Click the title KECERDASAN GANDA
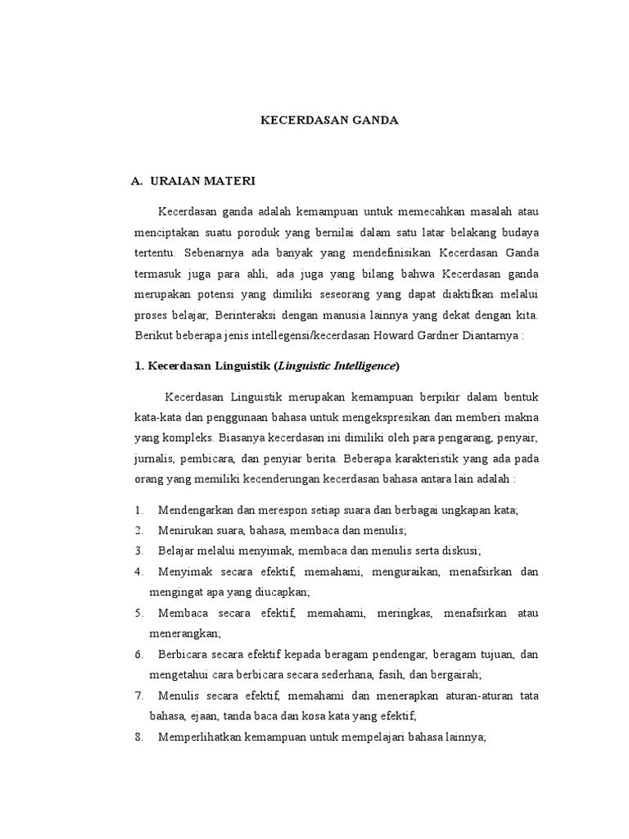[x=328, y=120]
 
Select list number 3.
[x=138, y=550]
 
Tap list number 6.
[x=138, y=655]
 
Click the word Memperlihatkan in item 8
[x=201, y=737]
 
